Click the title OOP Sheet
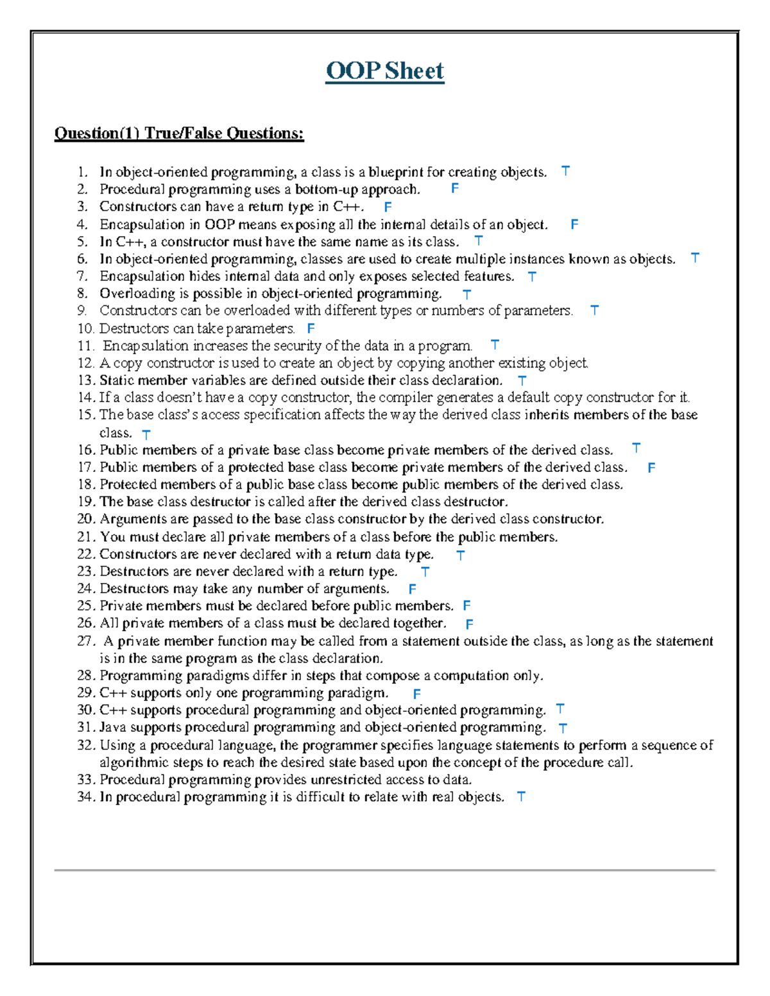384,71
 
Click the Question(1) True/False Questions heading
179,133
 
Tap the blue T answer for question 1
565,171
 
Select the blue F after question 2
454,189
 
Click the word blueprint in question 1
396,172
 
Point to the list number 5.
82,242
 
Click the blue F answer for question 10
311,328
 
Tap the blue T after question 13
522,380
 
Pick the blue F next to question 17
651,468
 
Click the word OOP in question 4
220,224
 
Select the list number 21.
86,537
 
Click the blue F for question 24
412,589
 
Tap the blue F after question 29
416,693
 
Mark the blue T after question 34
521,797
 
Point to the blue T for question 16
636,448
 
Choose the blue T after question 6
695,258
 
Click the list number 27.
86,641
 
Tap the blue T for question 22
460,555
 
